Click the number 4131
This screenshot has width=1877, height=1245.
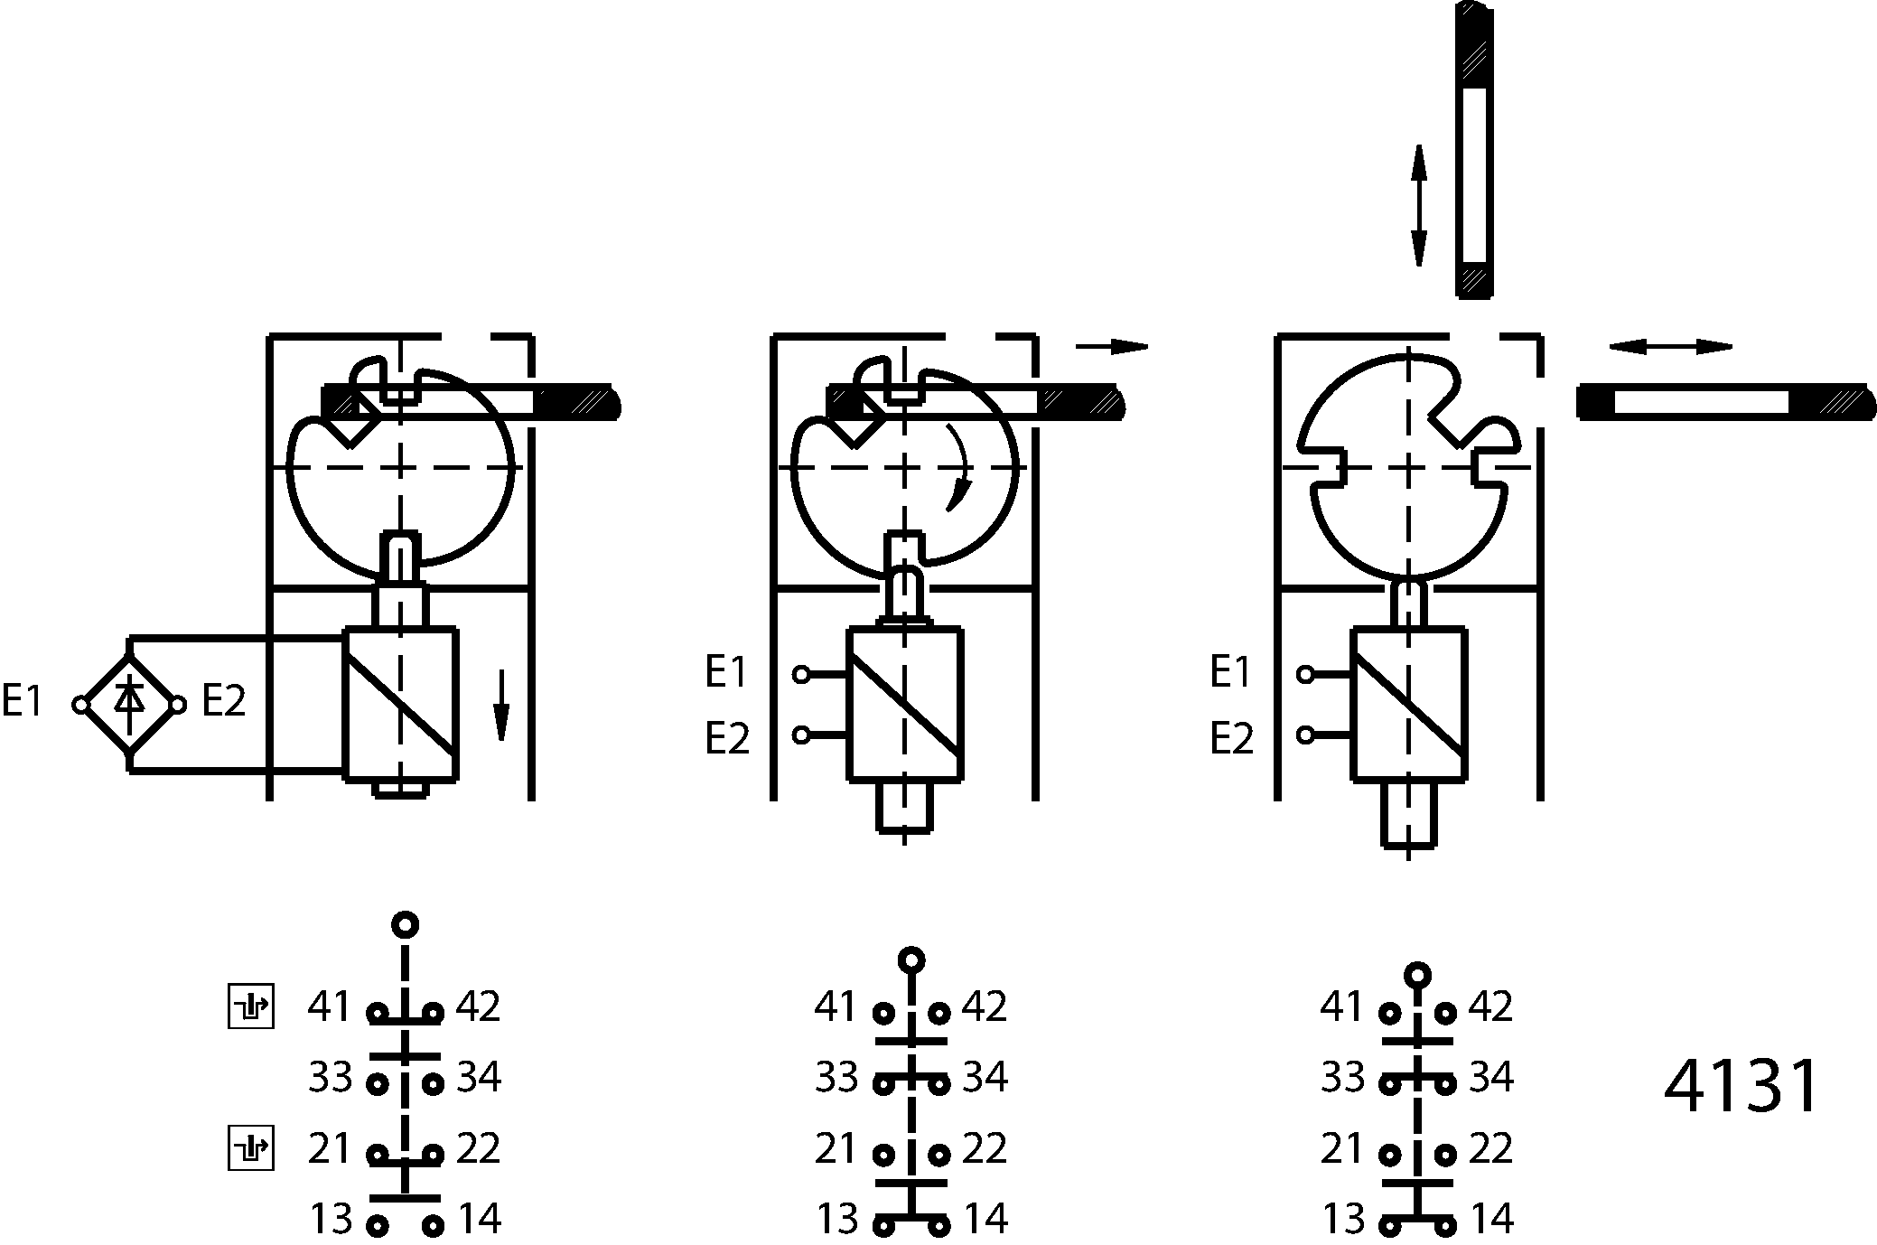1741,1086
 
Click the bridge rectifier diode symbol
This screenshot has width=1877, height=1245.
130,704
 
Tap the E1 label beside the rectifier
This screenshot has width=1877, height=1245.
23,701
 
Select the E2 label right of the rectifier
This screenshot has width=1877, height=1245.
223,701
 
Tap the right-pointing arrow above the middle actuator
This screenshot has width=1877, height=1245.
1111,346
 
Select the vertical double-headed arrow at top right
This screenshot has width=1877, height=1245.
1419,205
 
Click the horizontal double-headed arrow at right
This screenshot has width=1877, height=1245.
1670,347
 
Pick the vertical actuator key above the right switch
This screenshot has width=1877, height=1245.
1474,151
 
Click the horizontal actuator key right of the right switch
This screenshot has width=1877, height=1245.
1726,401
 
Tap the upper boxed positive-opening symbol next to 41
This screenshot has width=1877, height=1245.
250,1006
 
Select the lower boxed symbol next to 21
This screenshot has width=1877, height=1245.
250,1148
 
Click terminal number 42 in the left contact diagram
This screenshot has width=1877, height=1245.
478,1006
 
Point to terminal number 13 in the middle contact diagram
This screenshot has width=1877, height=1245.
837,1220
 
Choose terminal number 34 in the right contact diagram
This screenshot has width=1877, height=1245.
1491,1077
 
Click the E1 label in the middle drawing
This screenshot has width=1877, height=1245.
727,672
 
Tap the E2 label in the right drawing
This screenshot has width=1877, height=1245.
1232,739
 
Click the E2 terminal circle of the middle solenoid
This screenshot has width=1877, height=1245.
801,735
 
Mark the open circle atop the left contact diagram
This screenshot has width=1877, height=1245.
406,924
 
